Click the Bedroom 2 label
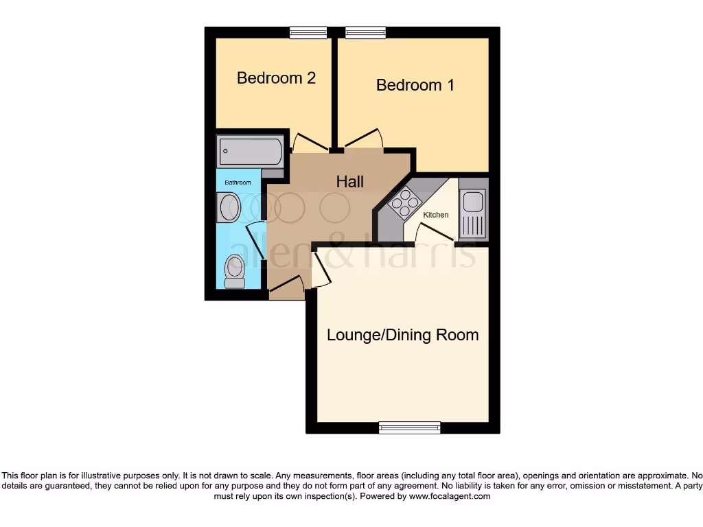(x=276, y=78)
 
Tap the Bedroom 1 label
(x=415, y=85)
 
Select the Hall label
(x=349, y=182)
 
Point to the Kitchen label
(x=435, y=215)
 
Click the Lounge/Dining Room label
(x=402, y=335)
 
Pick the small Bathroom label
(x=238, y=183)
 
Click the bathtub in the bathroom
(x=250, y=151)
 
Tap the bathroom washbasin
(x=228, y=207)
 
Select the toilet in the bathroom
(x=235, y=271)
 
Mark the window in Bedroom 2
(x=308, y=32)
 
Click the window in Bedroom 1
(x=365, y=32)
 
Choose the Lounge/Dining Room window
(x=410, y=428)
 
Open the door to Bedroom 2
(x=310, y=142)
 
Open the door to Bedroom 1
(x=364, y=139)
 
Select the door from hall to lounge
(x=321, y=269)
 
